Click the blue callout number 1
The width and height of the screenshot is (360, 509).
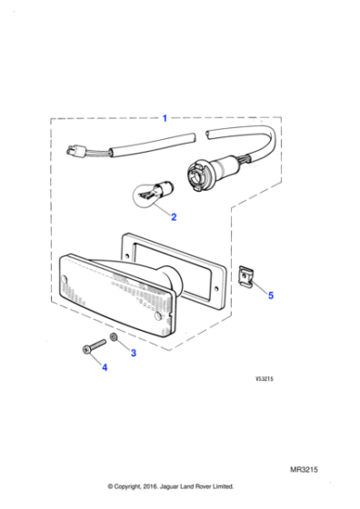(165, 117)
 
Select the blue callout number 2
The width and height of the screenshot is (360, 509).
(174, 217)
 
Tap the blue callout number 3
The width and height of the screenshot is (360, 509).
(134, 353)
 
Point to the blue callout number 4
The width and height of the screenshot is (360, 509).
(105, 367)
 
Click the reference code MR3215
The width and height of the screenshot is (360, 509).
(305, 470)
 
